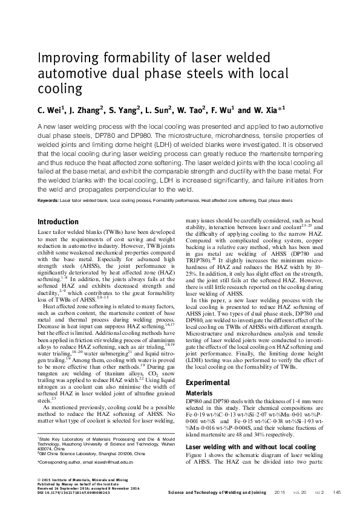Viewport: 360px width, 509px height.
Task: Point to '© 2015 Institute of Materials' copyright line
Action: pyautogui.click(x=79, y=480)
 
